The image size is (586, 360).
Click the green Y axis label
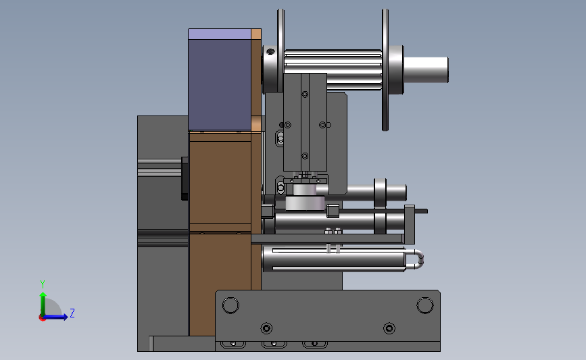(43, 284)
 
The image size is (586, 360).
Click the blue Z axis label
(72, 313)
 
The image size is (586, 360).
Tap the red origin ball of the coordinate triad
(42, 318)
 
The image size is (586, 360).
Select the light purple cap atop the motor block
(220, 34)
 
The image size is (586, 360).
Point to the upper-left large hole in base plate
(230, 305)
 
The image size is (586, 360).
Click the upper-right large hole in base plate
(425, 305)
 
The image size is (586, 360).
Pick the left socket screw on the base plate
(266, 328)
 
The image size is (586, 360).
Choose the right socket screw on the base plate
(389, 328)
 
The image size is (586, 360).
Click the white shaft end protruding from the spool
(426, 70)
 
